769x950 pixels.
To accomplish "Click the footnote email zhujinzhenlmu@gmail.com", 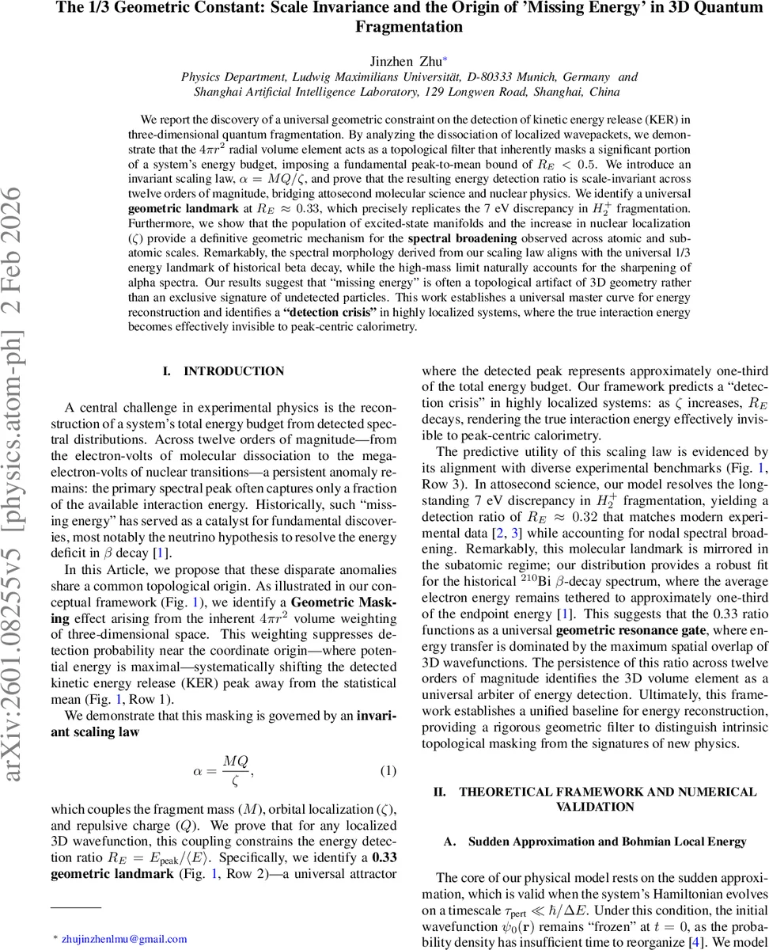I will (124, 939).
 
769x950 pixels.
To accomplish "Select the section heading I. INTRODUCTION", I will (223, 371).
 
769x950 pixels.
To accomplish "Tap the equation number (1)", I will (387, 770).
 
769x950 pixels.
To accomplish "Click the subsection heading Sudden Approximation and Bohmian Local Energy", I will (607, 842).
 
